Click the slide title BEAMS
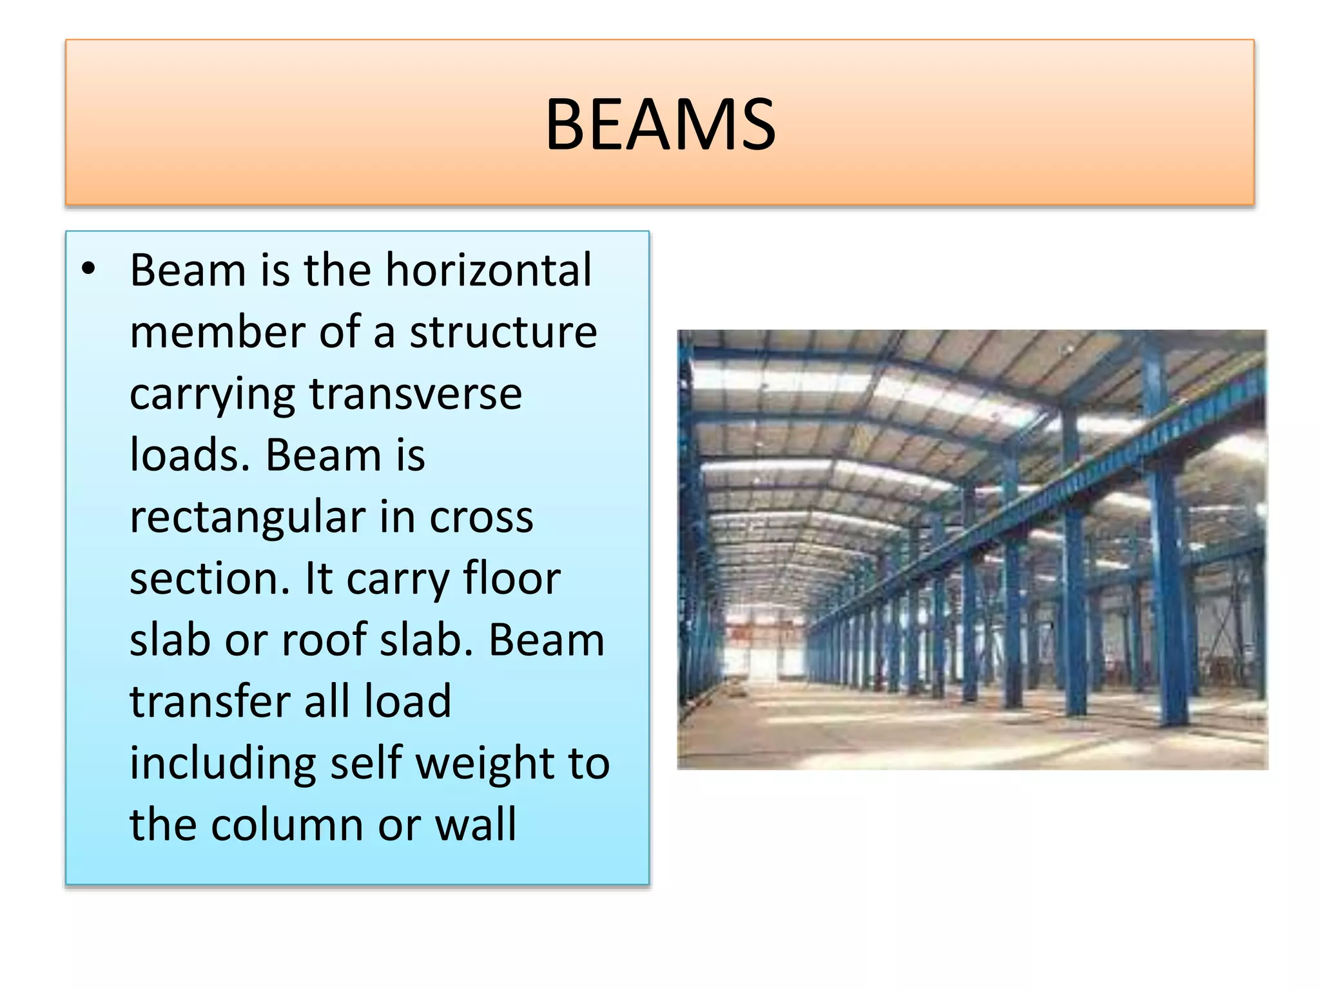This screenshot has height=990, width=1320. click(x=660, y=124)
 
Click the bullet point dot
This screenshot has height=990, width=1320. click(x=88, y=269)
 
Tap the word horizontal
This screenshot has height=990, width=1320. click(x=488, y=269)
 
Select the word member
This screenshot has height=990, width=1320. click(x=217, y=332)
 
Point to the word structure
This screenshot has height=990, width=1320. click(x=503, y=332)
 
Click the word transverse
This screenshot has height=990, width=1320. click(x=416, y=394)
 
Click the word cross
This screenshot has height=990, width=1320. click(x=481, y=518)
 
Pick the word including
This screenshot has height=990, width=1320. click(x=222, y=764)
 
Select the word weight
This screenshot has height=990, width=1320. click(x=485, y=764)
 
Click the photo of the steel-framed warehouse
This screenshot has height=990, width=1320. click(x=972, y=549)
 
